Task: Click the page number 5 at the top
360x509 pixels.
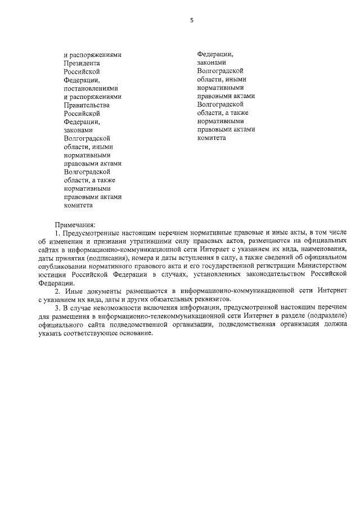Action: coord(191,20)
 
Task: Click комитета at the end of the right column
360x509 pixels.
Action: coord(211,137)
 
